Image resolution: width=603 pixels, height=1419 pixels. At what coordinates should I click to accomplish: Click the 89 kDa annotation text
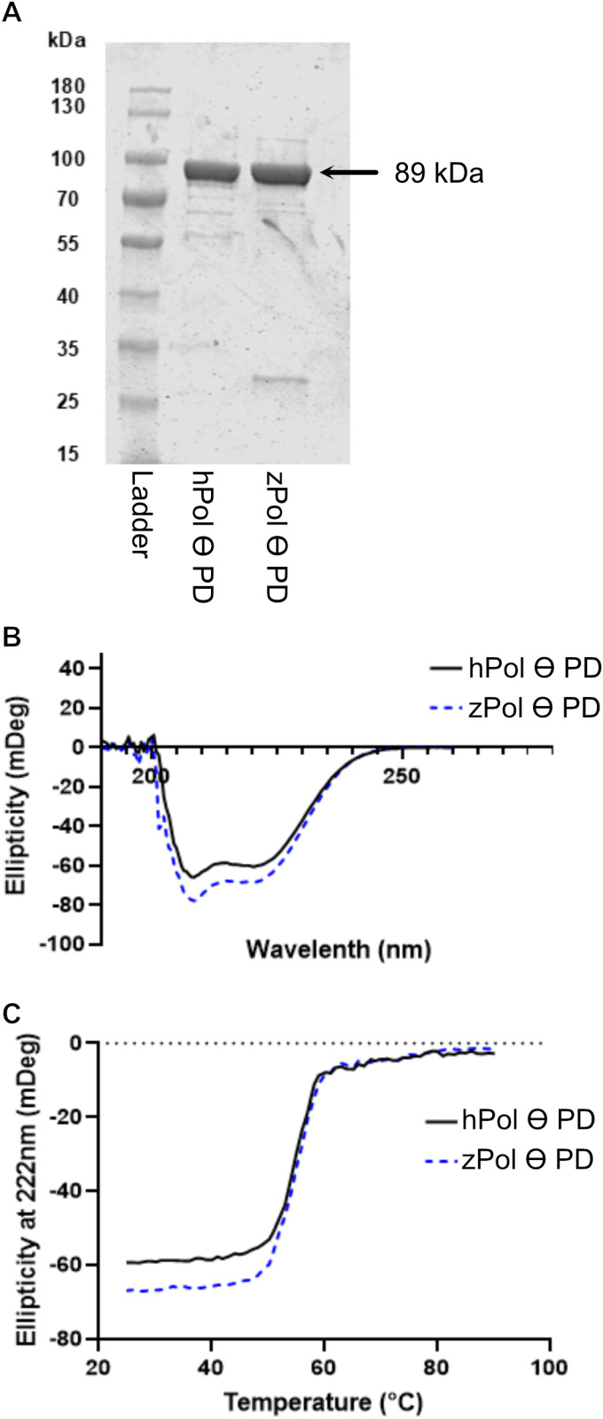click(438, 174)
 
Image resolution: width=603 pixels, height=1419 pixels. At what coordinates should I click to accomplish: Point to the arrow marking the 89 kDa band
click(349, 173)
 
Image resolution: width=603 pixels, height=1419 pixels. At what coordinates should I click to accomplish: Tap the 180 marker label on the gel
click(67, 87)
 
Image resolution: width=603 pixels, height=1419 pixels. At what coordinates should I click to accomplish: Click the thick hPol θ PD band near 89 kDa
click(211, 172)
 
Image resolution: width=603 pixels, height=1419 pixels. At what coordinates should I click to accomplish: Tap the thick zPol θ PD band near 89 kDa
click(281, 172)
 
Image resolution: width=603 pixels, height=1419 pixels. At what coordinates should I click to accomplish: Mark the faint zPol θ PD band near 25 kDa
click(279, 380)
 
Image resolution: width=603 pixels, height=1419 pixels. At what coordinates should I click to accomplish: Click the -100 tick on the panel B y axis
click(72, 944)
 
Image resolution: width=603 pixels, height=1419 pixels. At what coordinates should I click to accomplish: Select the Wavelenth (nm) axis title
click(338, 950)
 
